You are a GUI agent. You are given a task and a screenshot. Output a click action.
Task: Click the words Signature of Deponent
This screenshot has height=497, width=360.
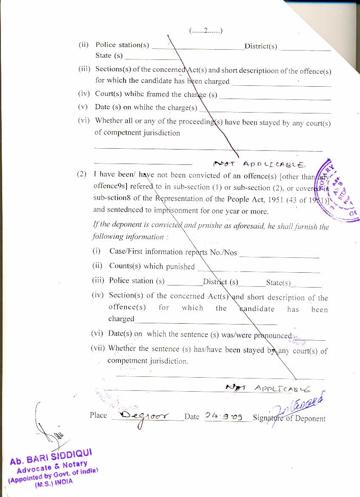(289, 418)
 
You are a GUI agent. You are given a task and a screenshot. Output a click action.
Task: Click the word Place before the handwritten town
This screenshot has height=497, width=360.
(98, 415)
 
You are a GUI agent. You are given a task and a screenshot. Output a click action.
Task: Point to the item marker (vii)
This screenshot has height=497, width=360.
(98, 348)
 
